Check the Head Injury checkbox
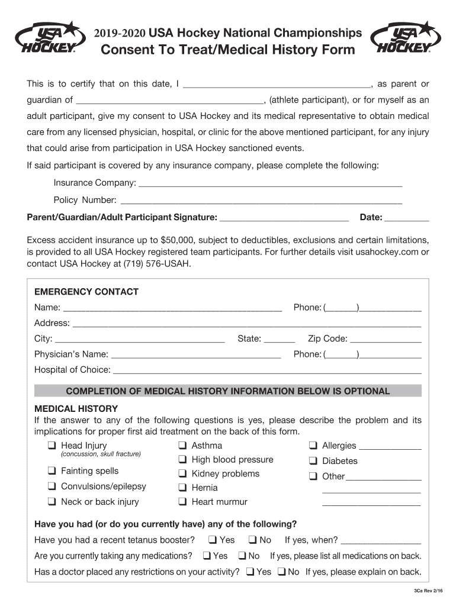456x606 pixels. (52, 446)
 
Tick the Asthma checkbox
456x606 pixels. (182, 446)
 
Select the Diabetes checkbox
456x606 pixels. (313, 461)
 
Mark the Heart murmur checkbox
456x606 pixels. (182, 502)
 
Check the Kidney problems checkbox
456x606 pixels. (182, 473)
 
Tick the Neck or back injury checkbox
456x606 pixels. (52, 502)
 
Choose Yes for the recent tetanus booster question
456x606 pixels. (211, 540)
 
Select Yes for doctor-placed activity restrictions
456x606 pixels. (250, 572)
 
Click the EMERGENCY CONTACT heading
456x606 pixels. (86, 292)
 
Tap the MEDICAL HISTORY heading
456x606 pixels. (76, 409)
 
